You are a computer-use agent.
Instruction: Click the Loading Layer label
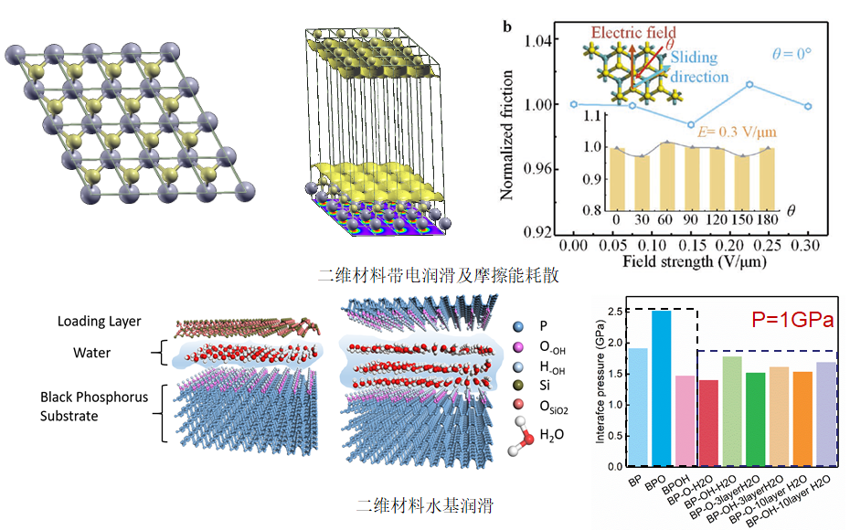point(100,321)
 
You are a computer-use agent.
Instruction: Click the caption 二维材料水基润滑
point(426,504)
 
